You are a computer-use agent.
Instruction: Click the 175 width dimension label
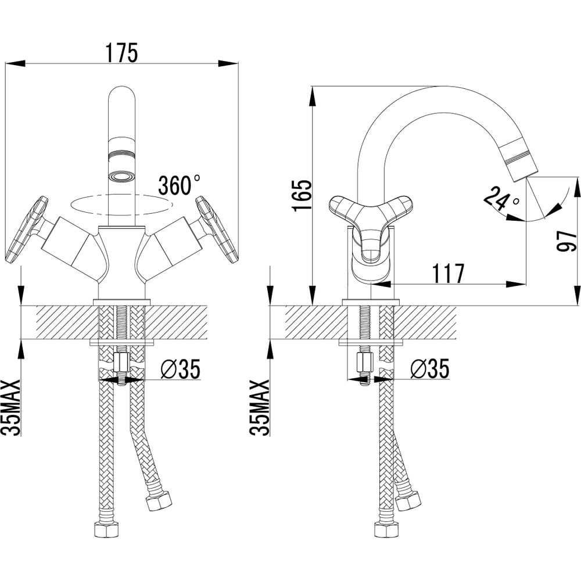pos(121,52)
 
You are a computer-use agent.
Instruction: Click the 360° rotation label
pos(179,185)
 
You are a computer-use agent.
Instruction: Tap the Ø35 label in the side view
pos(429,370)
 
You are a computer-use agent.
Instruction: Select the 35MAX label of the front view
pos(12,407)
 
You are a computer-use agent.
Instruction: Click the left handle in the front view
pos(26,229)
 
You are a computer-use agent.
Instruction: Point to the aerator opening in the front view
pos(121,175)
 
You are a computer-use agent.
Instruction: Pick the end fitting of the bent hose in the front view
pos(159,500)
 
